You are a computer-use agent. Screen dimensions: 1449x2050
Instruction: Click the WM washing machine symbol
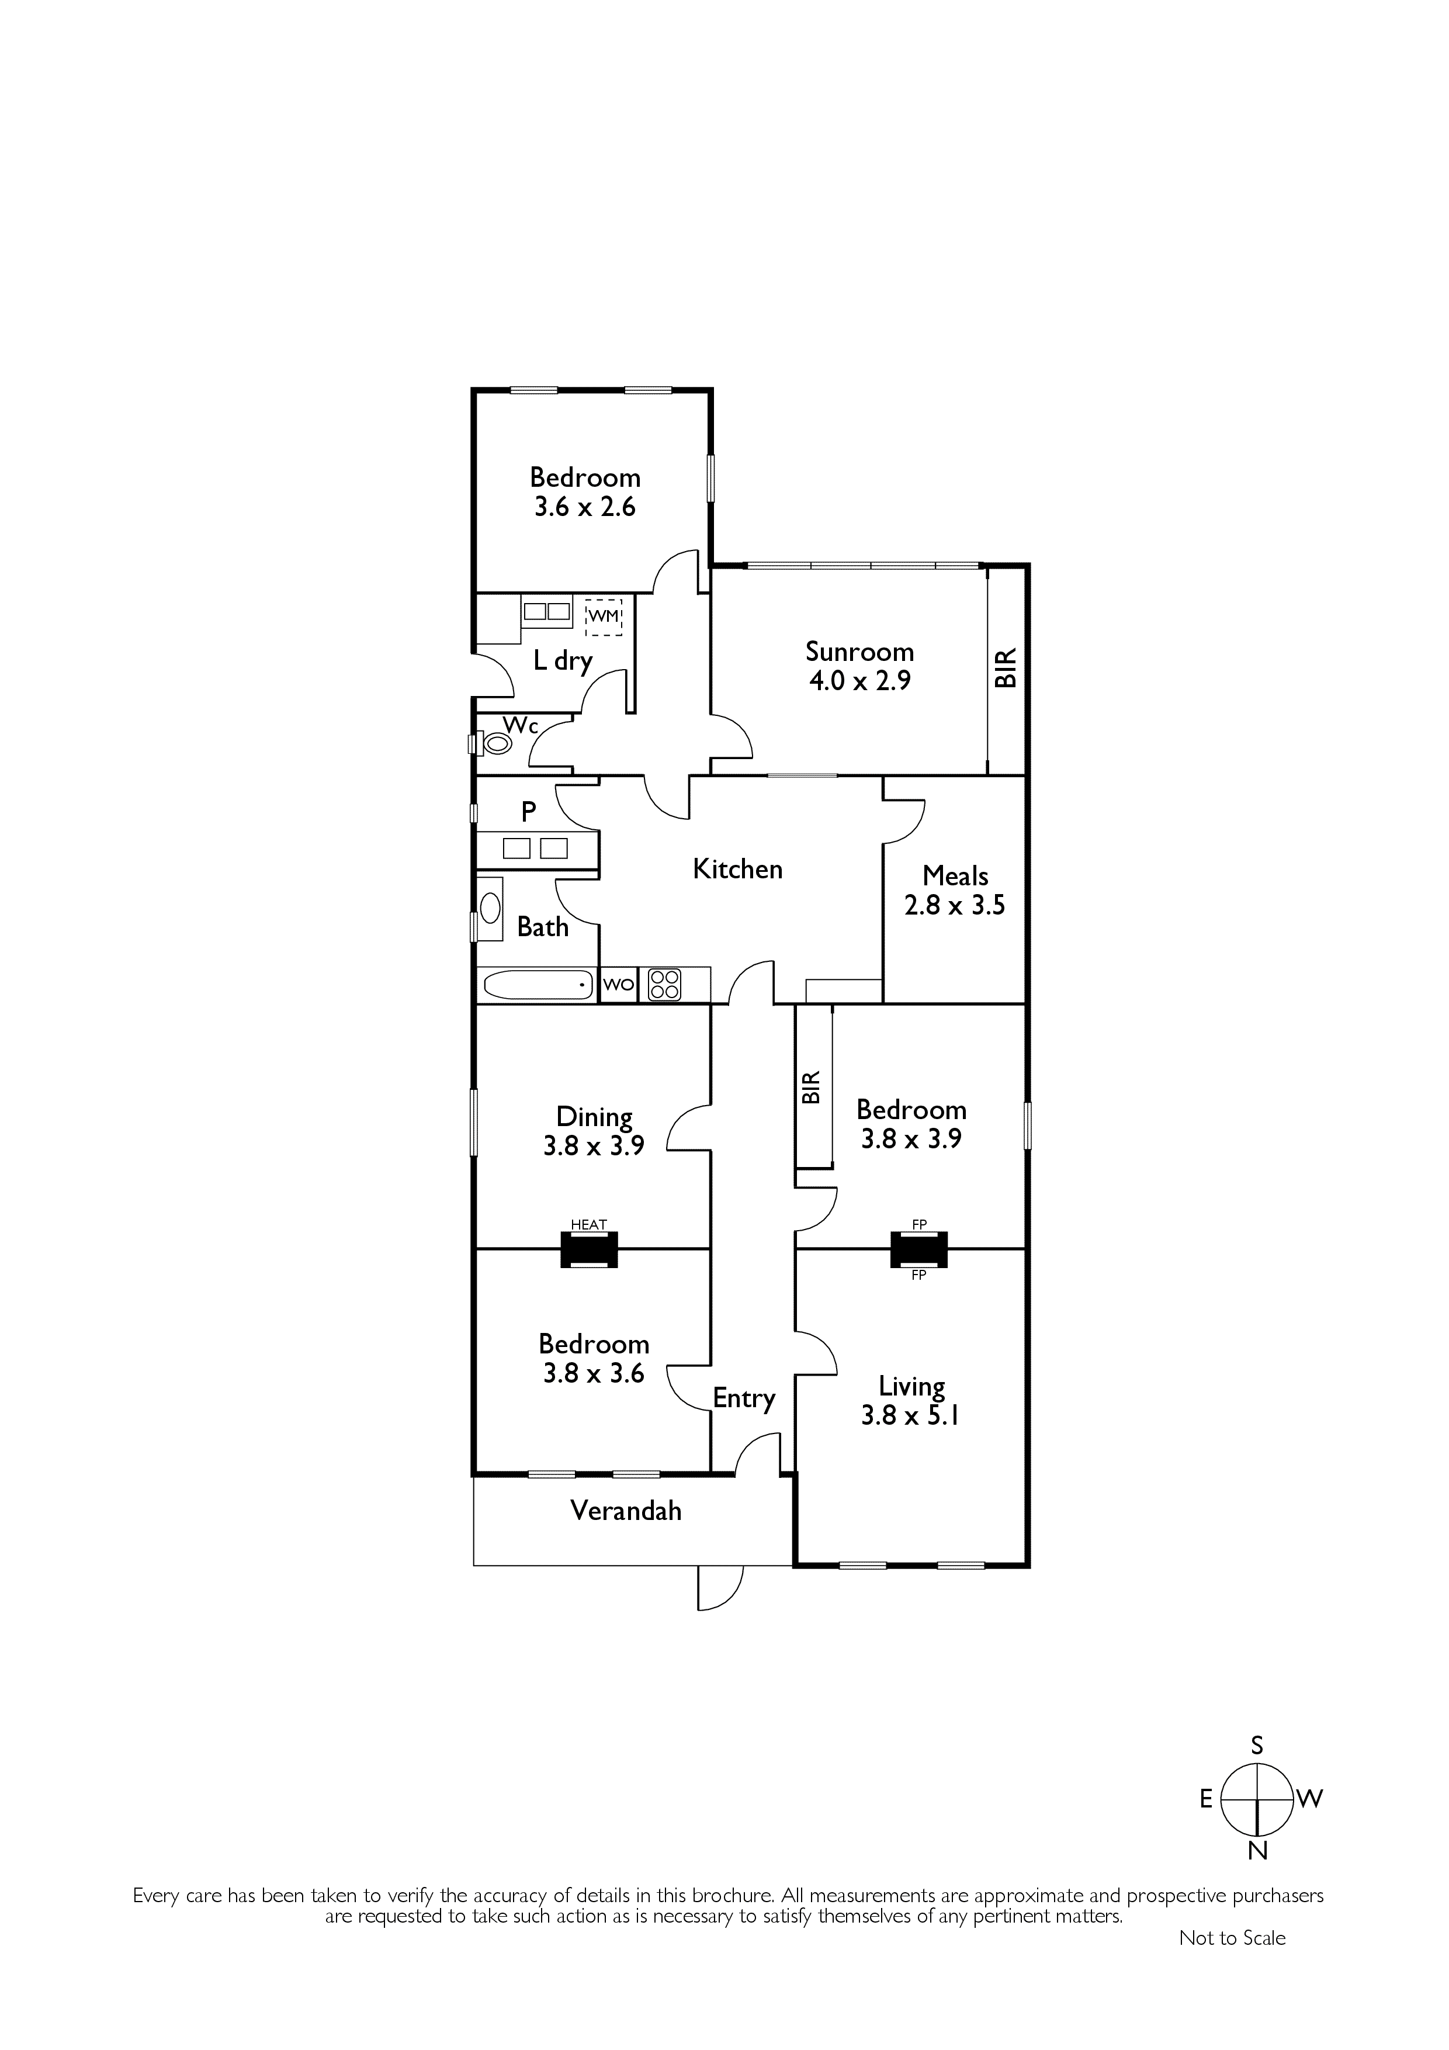point(604,616)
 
